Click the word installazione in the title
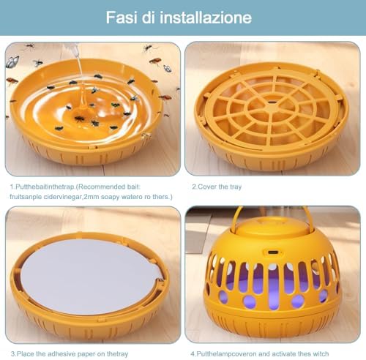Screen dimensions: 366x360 (x=206, y=18)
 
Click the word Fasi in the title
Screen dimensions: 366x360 (x=122, y=18)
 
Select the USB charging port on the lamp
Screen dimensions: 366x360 (x=272, y=252)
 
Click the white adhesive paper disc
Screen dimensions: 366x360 (x=90, y=277)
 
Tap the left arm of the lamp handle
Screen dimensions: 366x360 (x=236, y=218)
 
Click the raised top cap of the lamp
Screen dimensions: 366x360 (x=272, y=225)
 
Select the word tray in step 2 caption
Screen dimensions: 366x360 (x=236, y=187)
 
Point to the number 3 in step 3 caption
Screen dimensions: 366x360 (x=12, y=353)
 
